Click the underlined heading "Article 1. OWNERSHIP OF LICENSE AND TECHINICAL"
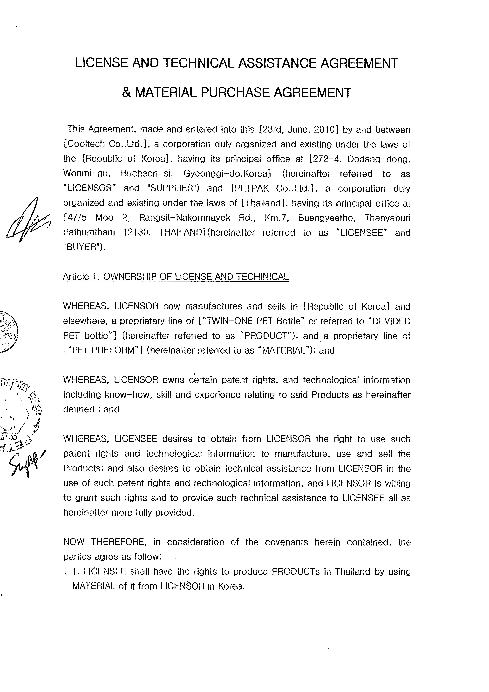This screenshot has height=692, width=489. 176,277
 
